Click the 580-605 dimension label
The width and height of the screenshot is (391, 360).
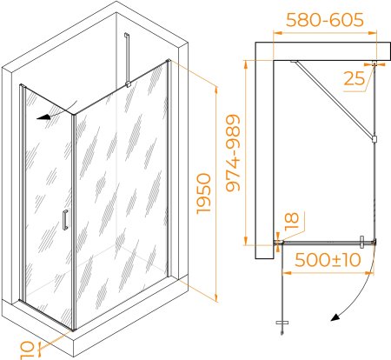click(x=325, y=20)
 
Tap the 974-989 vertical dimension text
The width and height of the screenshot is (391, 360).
click(x=233, y=153)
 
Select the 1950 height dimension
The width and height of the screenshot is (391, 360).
click(x=204, y=194)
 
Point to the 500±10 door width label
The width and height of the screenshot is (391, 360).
click(x=328, y=260)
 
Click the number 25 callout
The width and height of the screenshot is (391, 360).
click(x=354, y=78)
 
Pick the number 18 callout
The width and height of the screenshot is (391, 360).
click(x=292, y=222)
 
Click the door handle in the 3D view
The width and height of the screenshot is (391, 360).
click(x=65, y=220)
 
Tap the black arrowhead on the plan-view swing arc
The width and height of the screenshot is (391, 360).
click(x=335, y=317)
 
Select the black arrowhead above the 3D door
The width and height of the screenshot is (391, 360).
click(x=43, y=117)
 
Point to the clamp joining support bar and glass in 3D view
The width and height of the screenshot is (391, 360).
click(x=128, y=84)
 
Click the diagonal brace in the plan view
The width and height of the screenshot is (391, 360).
click(x=332, y=99)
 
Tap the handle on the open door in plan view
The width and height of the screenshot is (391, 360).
click(x=282, y=323)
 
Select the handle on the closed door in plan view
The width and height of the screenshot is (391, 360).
click(x=361, y=243)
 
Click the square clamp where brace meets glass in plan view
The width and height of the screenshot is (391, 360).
click(x=374, y=139)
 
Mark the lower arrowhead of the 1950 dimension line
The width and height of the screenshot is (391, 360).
click(x=215, y=297)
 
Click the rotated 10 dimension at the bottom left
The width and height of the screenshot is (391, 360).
click(x=27, y=350)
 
